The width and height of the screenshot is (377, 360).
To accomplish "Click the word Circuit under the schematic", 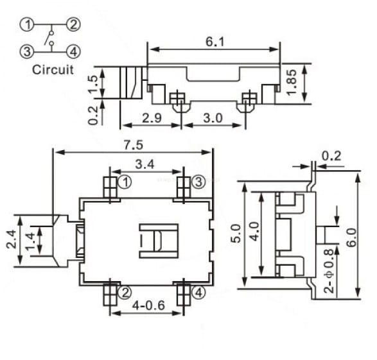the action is [x=53, y=70].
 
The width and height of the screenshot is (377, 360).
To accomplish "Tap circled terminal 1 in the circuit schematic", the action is [x=27, y=24].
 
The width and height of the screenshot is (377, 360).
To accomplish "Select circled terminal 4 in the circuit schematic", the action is [x=73, y=52].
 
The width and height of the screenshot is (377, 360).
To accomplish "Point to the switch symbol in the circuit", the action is [x=50, y=38].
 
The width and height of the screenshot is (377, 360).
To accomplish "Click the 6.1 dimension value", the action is [x=215, y=42].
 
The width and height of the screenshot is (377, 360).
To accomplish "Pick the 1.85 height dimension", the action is [x=292, y=82].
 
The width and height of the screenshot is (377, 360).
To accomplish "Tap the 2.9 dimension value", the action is [x=152, y=118].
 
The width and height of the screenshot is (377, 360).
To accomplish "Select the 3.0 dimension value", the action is [x=213, y=118].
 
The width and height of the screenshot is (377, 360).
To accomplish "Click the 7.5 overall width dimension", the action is [x=134, y=145].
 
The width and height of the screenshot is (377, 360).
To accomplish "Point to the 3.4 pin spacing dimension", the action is [x=145, y=164].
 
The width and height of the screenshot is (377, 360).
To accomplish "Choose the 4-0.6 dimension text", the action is [x=148, y=305].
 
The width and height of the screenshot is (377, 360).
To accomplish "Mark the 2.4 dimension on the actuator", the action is [x=12, y=239].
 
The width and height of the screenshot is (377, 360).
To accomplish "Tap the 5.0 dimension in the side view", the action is [x=236, y=234].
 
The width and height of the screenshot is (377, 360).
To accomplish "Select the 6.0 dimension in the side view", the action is [x=351, y=237].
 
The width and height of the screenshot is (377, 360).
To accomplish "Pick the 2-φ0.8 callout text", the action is [x=329, y=271].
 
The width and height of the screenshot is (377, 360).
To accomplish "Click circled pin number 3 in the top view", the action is [x=198, y=182].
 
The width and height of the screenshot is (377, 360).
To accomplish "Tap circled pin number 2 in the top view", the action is [x=125, y=293].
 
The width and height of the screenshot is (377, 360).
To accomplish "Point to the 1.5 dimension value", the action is [x=93, y=84].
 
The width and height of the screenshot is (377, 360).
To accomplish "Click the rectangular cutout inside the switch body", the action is [x=159, y=241].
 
